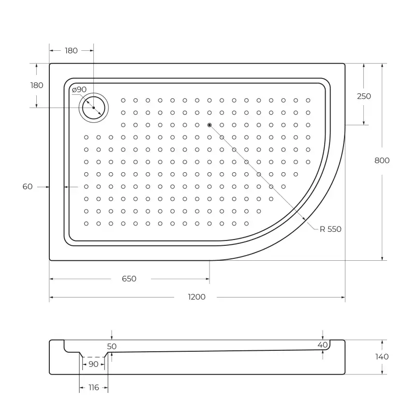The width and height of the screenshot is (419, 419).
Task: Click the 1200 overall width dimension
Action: click(197, 297)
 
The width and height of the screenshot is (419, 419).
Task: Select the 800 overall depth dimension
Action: click(382, 161)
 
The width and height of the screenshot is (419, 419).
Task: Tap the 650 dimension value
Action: click(129, 279)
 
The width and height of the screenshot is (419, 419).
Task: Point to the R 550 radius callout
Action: click(330, 229)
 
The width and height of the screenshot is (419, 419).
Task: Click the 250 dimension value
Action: click(364, 96)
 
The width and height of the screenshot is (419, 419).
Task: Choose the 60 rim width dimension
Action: click(28, 186)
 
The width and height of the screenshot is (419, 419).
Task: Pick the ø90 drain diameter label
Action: click(79, 90)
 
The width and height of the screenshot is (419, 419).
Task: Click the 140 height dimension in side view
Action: click(382, 357)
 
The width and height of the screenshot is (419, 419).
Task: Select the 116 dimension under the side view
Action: click(93, 388)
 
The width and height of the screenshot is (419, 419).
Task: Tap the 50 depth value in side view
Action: click(112, 346)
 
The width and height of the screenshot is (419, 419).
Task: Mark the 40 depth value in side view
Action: click(323, 344)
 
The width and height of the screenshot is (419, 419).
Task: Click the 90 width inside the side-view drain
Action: click(93, 364)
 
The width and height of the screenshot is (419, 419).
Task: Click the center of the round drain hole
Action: click(93, 107)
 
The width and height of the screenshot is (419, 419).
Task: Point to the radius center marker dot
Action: click(209, 125)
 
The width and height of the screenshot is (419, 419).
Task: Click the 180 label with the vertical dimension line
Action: click(37, 85)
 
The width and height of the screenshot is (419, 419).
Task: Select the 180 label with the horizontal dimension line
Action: click(71, 51)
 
